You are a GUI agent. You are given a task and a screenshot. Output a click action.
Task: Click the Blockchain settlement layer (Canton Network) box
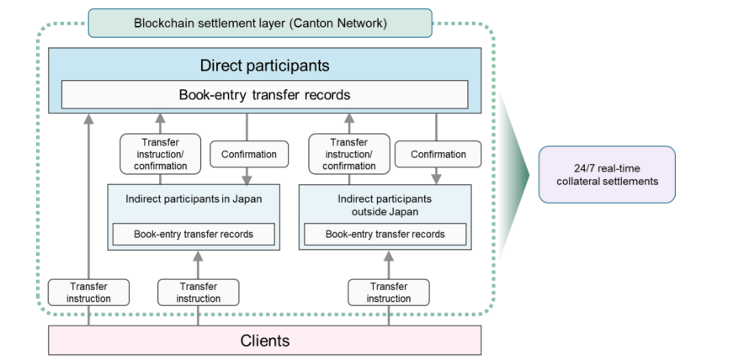tap(260, 23)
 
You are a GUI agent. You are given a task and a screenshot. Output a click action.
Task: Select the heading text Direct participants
tap(264, 65)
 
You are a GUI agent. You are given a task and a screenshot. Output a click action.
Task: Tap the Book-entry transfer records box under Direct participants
tap(264, 95)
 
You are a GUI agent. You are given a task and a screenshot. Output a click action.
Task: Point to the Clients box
tap(264, 341)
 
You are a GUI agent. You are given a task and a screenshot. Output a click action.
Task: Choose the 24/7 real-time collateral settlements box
tap(607, 174)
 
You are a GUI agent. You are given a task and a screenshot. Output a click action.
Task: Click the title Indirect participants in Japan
tap(192, 199)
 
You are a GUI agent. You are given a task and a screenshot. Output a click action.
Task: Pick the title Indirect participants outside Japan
tap(385, 205)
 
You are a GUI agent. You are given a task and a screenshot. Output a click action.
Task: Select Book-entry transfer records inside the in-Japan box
tap(193, 234)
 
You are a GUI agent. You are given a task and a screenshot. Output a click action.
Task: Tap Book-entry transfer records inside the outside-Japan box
tap(385, 234)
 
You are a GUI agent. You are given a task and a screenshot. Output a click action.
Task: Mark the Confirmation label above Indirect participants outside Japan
tap(438, 154)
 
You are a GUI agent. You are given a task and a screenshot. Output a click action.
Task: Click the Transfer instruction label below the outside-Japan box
tap(389, 293)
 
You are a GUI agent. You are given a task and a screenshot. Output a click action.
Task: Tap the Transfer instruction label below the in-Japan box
tap(198, 293)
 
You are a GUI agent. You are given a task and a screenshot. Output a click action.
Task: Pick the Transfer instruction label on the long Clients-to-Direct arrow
tap(89, 293)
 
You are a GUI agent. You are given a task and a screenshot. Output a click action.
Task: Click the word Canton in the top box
tap(317, 23)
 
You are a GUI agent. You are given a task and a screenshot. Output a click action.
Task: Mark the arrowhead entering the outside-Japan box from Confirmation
tap(437, 178)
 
